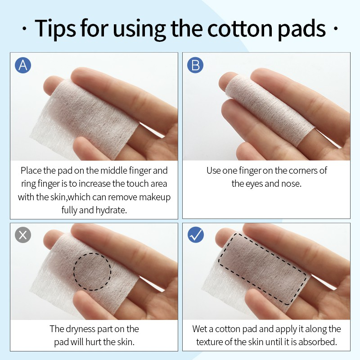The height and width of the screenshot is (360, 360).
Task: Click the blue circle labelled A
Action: click(23, 65)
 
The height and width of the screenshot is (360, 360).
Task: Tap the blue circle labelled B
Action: click(195, 65)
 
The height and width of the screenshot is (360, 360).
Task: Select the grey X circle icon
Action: click(23, 235)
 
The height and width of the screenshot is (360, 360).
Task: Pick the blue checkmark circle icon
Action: click(196, 235)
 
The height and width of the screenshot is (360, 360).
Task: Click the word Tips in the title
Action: click(55, 29)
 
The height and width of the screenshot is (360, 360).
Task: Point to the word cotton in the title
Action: click(240, 29)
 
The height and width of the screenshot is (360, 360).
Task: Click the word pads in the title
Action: click(301, 29)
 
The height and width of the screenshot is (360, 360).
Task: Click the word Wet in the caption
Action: click(199, 329)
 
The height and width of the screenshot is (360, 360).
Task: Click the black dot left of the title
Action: click(25, 29)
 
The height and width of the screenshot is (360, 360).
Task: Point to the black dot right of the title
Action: click(335, 29)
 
